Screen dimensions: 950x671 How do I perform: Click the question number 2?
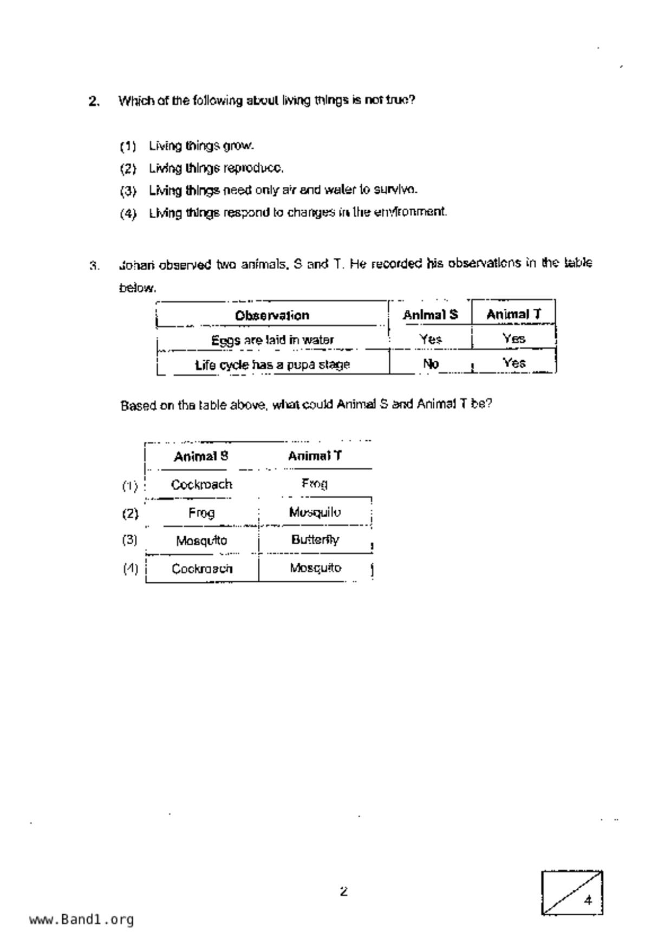pyautogui.click(x=94, y=101)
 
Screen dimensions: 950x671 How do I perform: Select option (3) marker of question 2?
pyautogui.click(x=128, y=191)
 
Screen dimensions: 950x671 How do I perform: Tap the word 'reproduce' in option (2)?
pyautogui.click(x=253, y=168)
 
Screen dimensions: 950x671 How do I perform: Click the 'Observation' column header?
pyautogui.click(x=272, y=315)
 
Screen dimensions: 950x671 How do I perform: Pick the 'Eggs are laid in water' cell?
pyautogui.click(x=272, y=340)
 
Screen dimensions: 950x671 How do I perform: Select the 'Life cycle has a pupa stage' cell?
pyautogui.click(x=272, y=365)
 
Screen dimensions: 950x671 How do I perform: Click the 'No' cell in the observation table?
pyautogui.click(x=431, y=364)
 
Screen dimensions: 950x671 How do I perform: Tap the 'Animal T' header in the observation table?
pyautogui.click(x=513, y=314)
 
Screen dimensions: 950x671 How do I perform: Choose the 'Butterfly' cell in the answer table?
pyautogui.click(x=315, y=539)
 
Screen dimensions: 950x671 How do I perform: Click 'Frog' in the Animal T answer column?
pyautogui.click(x=315, y=483)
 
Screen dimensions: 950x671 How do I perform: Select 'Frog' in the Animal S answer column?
pyautogui.click(x=201, y=512)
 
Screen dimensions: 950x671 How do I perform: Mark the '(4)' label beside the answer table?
pyautogui.click(x=130, y=569)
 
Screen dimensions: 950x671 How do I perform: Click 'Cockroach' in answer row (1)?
pyautogui.click(x=201, y=484)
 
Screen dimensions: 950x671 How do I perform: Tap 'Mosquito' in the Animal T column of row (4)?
pyautogui.click(x=315, y=568)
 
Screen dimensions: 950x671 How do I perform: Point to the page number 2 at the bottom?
pyautogui.click(x=343, y=891)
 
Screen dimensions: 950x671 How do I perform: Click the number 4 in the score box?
pyautogui.click(x=588, y=900)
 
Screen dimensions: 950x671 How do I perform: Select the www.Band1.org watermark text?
pyautogui.click(x=81, y=919)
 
